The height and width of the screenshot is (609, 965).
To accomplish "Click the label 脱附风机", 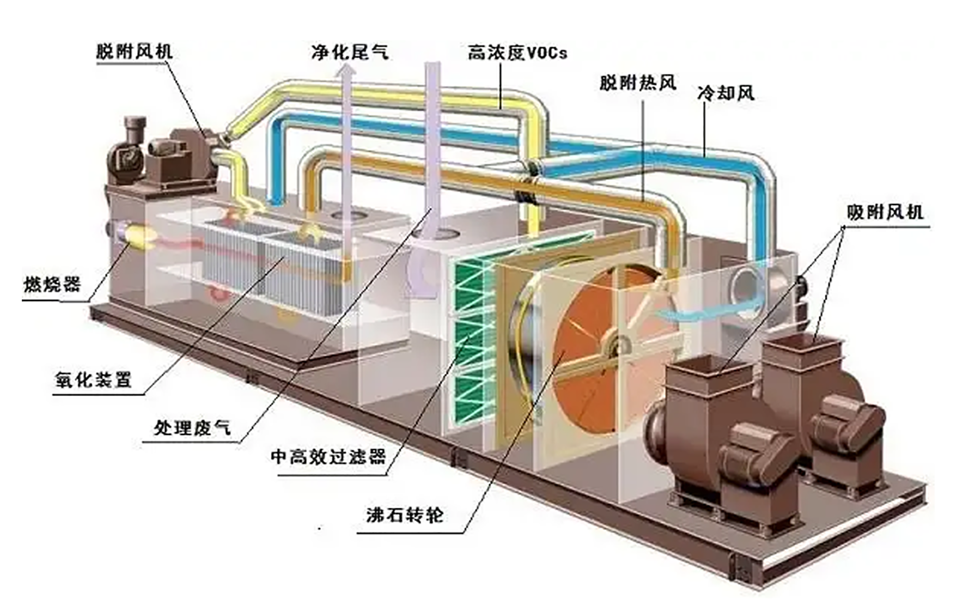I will [134, 52].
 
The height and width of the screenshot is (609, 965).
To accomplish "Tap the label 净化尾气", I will [350, 53].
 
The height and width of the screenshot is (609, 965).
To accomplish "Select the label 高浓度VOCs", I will [517, 53].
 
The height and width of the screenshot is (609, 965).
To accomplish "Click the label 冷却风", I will [725, 93].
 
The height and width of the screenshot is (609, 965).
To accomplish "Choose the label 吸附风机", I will [885, 213].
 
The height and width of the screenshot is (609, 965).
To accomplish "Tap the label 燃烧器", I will [51, 285].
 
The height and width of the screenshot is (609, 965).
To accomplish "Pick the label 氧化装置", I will [93, 380].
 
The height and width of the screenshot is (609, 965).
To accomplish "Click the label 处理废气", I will [192, 428].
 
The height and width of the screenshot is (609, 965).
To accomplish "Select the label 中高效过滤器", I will [328, 457].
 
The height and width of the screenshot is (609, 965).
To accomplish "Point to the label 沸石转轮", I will [405, 515].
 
